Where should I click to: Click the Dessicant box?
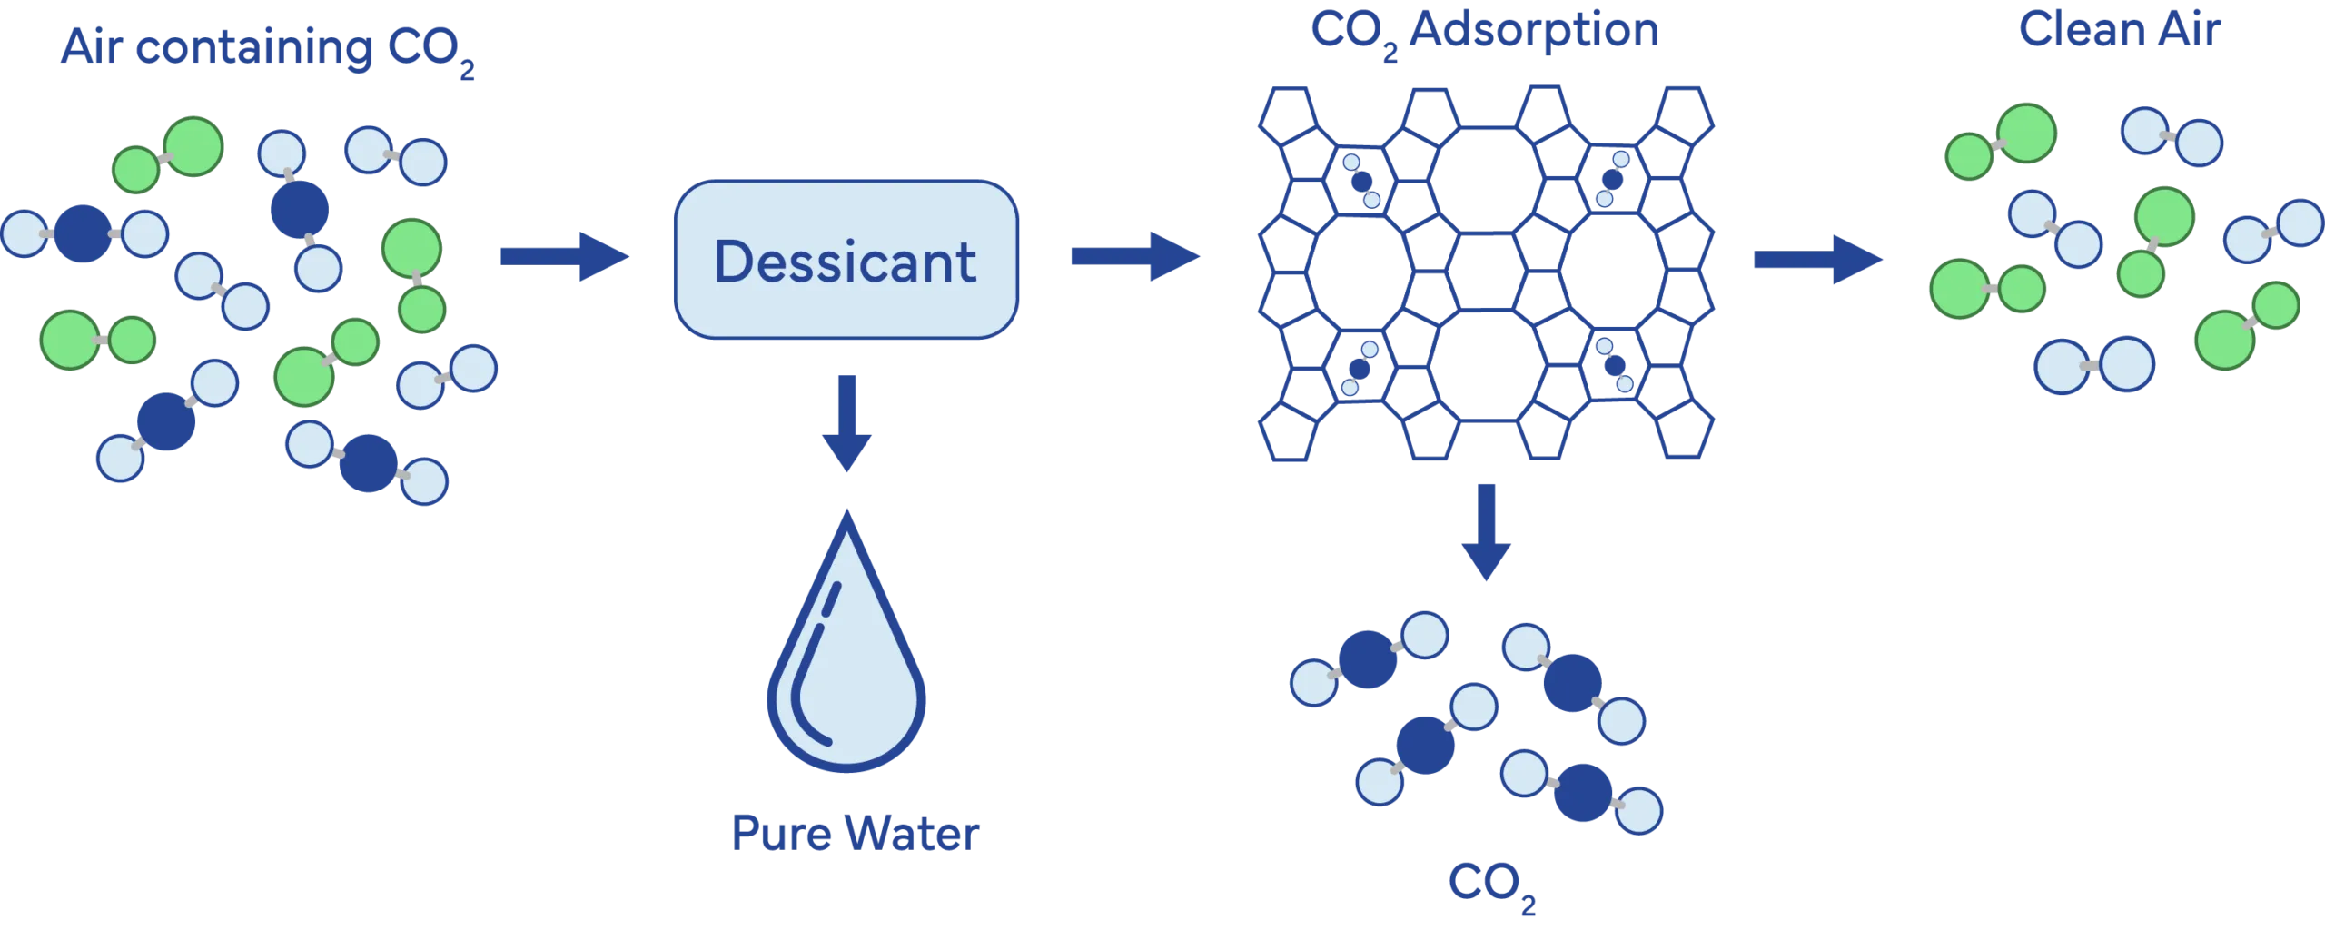[845, 261]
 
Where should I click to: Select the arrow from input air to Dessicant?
[563, 258]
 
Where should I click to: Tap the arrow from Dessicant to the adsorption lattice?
[1135, 258]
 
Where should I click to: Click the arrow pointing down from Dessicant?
[846, 423]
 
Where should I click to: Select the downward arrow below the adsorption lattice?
[1487, 532]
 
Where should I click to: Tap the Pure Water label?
[856, 834]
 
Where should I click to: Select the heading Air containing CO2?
[268, 50]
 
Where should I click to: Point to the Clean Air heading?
[2121, 31]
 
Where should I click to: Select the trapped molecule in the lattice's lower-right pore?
[1614, 365]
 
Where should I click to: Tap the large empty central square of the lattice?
[1487, 272]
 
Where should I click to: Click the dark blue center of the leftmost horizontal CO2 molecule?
[83, 233]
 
